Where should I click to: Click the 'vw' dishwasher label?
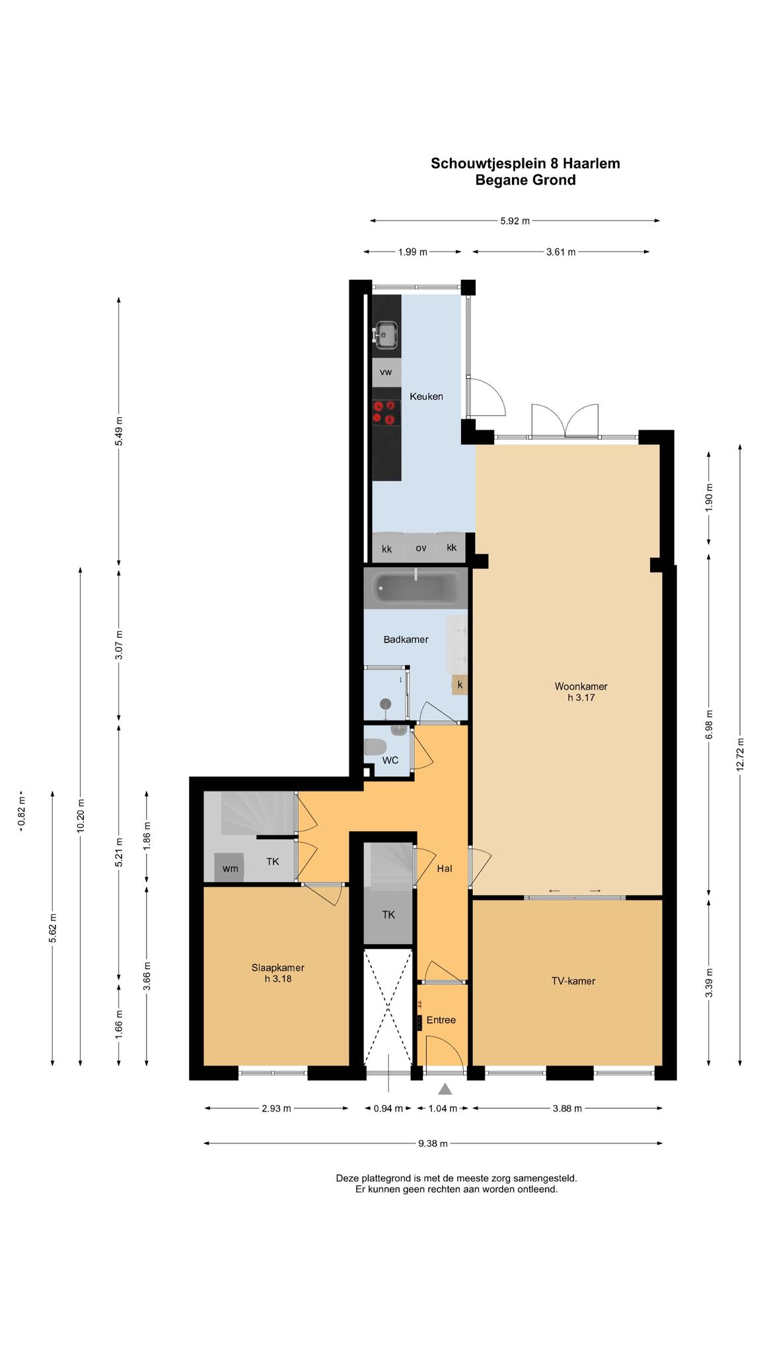click(386, 372)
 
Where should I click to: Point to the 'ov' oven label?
click(421, 548)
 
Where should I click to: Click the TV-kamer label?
click(573, 981)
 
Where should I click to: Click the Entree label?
click(441, 1020)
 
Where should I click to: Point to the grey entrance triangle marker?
click(445, 1089)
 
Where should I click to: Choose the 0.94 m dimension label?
click(388, 1108)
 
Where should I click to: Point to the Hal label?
click(444, 869)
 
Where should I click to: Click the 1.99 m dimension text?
click(413, 252)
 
